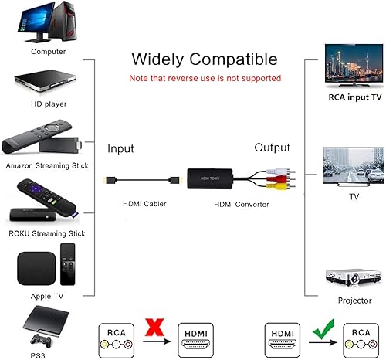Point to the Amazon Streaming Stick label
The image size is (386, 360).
[x=48, y=165]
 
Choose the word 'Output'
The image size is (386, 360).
[x=273, y=148]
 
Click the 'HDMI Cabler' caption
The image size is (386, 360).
[x=144, y=204]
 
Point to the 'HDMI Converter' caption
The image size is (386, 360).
[x=242, y=204]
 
